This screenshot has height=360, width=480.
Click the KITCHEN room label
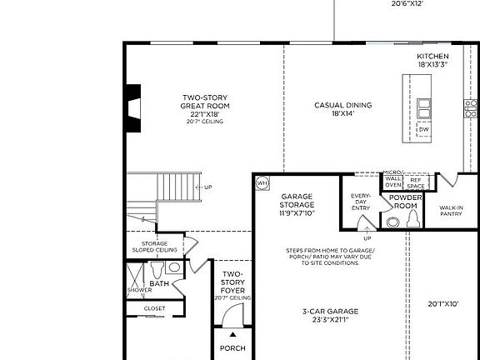[x=432, y=57]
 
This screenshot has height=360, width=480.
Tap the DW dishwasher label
[x=424, y=129]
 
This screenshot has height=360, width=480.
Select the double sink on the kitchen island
[x=424, y=107]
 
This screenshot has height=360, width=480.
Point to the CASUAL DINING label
[x=342, y=106]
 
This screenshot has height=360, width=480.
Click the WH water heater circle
[x=262, y=183]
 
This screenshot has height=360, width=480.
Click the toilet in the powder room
[x=412, y=219]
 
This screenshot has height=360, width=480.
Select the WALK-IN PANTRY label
[x=451, y=210]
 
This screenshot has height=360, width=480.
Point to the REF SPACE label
[x=416, y=182]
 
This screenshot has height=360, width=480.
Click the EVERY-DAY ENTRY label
[x=360, y=202]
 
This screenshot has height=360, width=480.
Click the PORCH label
[x=232, y=348]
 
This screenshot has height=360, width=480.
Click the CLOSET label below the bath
[x=154, y=308]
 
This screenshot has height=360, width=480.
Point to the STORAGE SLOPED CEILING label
[x=153, y=247]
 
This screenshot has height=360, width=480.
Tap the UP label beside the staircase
[x=207, y=187]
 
